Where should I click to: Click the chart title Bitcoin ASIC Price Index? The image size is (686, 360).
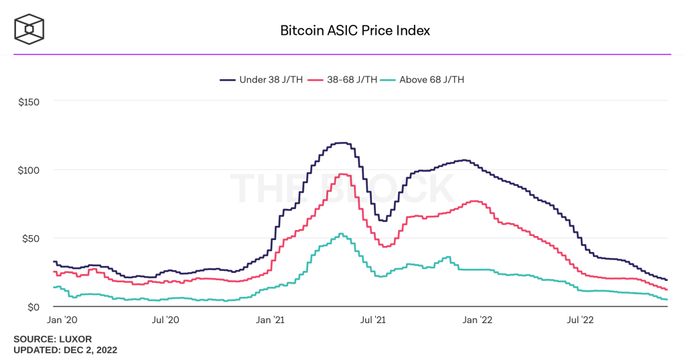354,30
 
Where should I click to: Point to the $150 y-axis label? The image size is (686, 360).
29,102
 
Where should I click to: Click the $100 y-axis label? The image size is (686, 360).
29,170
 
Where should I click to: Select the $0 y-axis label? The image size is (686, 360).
34,307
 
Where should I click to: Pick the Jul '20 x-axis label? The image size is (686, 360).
167,320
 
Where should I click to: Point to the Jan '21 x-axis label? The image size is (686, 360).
269,320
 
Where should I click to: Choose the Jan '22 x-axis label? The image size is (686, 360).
477,320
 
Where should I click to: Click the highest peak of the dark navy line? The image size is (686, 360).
342,143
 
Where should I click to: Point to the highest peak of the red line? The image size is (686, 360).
342,174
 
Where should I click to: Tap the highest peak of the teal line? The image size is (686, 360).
341,233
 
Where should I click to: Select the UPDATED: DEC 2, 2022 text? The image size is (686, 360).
66,350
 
